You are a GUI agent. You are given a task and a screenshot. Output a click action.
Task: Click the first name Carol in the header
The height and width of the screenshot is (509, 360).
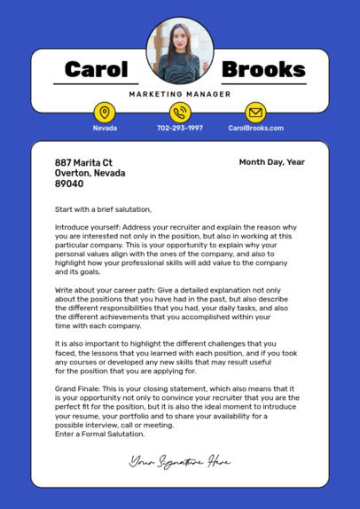[97, 70]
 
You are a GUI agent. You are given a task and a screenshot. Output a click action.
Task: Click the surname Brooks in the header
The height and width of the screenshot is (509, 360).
[262, 70]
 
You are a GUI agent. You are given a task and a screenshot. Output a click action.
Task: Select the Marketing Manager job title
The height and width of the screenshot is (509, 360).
[180, 94]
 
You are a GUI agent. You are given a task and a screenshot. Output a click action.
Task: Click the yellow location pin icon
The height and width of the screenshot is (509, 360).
[105, 114]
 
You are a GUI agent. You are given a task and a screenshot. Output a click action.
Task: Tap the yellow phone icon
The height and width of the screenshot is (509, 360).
[180, 114]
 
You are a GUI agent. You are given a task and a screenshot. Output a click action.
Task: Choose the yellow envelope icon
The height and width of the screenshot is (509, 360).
[255, 114]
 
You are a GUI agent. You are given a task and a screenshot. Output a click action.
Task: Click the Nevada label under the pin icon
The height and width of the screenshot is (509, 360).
[105, 129]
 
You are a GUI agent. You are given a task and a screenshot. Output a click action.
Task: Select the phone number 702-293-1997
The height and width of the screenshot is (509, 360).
[180, 129]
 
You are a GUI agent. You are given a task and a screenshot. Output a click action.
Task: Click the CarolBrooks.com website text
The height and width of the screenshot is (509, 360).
[255, 129]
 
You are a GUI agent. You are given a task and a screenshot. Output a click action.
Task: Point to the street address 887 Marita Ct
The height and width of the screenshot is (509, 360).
[83, 163]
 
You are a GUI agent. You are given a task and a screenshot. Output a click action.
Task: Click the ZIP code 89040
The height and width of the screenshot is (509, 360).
[69, 184]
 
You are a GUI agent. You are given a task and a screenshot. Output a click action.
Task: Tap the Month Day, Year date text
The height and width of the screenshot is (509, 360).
[271, 162]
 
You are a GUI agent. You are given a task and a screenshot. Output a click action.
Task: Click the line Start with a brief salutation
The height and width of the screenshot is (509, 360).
[104, 210]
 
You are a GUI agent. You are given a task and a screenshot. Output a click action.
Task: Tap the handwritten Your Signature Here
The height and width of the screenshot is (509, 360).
[180, 461]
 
